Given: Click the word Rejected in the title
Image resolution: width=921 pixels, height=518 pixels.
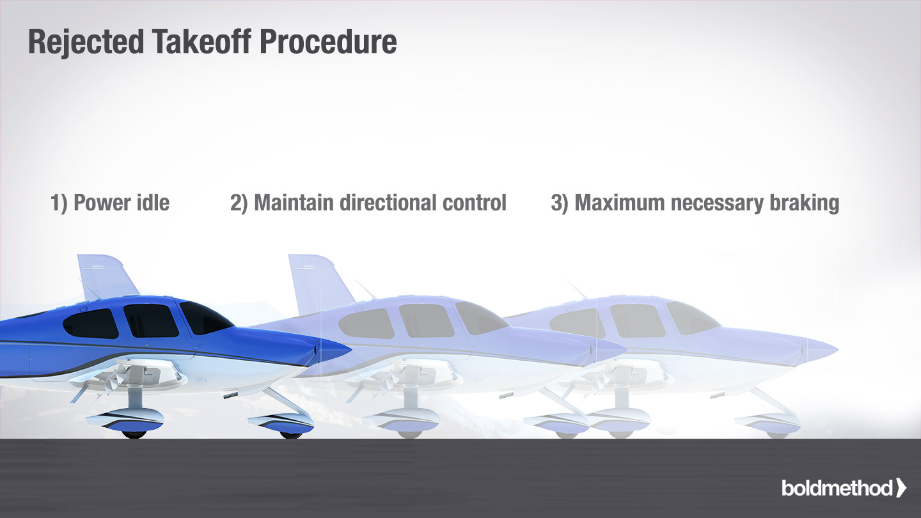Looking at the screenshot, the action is (x=86, y=42).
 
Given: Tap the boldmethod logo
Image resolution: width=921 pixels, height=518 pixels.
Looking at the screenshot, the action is (x=844, y=488).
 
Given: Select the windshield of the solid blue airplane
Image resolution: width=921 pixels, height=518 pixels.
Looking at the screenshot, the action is (x=205, y=317).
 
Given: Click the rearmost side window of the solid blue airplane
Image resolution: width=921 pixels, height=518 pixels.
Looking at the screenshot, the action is (x=91, y=324).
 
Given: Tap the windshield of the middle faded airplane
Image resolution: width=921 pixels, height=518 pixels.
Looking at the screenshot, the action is (x=480, y=317).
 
